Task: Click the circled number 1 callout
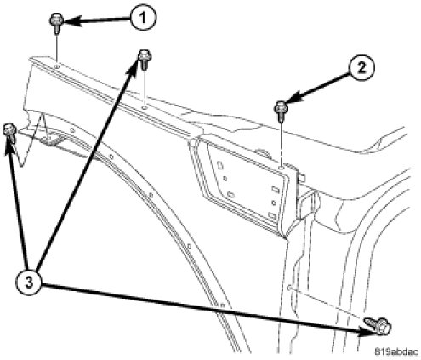pyautogui.click(x=143, y=18)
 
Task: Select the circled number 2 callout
pyautogui.click(x=361, y=68)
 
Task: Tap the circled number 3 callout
pyautogui.click(x=29, y=283)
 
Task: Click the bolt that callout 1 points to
pyautogui.click(x=56, y=23)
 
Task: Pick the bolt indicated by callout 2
pyautogui.click(x=281, y=111)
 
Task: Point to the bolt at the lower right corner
pyautogui.click(x=378, y=325)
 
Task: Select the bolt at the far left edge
pyautogui.click(x=9, y=133)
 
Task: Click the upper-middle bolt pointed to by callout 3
pyautogui.click(x=145, y=59)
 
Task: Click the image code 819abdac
pyautogui.click(x=396, y=351)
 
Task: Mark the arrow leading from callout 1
pyautogui.click(x=97, y=20)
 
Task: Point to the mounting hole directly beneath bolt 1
pyautogui.click(x=56, y=66)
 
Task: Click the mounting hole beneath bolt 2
pyautogui.click(x=281, y=168)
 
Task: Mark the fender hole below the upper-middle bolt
pyautogui.click(x=145, y=108)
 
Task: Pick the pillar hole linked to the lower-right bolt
pyautogui.click(x=289, y=288)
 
